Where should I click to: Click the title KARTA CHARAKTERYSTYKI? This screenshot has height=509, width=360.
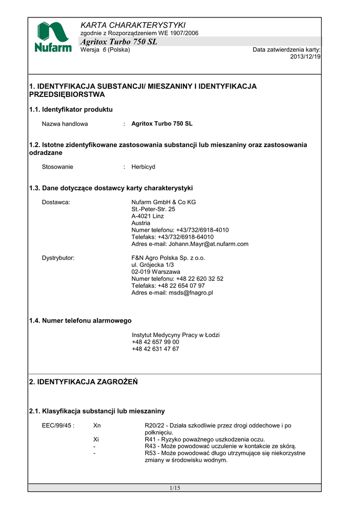click(x=133, y=25)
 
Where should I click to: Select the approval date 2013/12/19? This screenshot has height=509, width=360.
click(x=305, y=57)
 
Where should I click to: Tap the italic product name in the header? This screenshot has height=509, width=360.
click(x=119, y=42)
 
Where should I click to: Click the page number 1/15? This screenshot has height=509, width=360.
click(x=175, y=488)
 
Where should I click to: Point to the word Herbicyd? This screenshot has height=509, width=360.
click(x=143, y=167)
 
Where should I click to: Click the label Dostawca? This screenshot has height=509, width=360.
click(x=56, y=202)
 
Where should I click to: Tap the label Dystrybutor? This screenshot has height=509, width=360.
click(x=58, y=258)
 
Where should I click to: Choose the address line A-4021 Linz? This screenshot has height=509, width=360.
click(x=148, y=216)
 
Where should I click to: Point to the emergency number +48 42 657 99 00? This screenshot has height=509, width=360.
click(x=156, y=342)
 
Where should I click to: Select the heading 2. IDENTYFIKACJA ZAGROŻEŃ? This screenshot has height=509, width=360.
click(x=83, y=382)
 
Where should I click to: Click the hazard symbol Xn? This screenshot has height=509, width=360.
click(x=97, y=425)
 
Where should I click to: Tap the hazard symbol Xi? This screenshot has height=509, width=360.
click(x=96, y=439)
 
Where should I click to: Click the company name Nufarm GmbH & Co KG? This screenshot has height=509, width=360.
click(x=164, y=202)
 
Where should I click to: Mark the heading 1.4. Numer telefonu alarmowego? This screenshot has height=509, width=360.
click(x=80, y=321)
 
